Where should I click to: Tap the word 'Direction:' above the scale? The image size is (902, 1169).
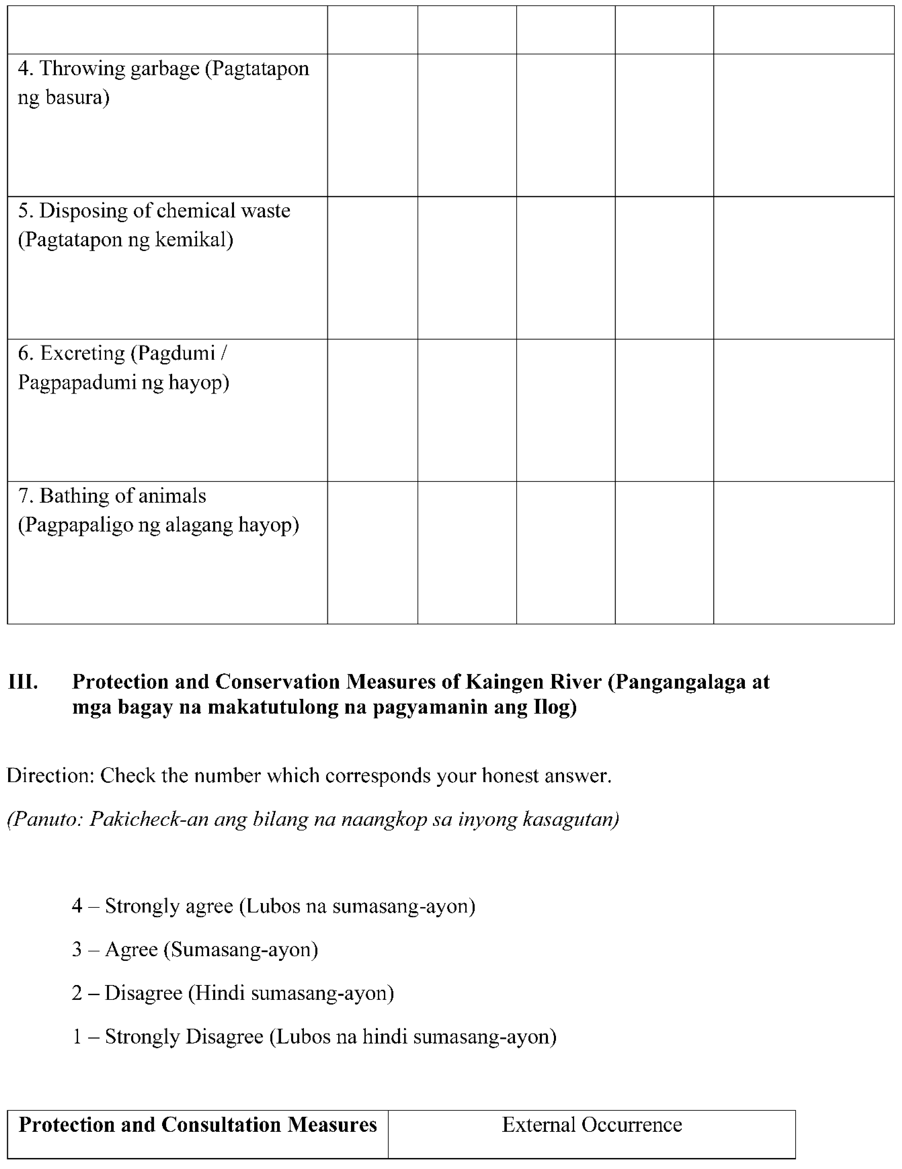[x=51, y=776]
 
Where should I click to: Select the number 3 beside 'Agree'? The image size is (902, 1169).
[x=77, y=950]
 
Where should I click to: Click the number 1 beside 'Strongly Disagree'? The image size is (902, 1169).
[x=77, y=1037]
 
